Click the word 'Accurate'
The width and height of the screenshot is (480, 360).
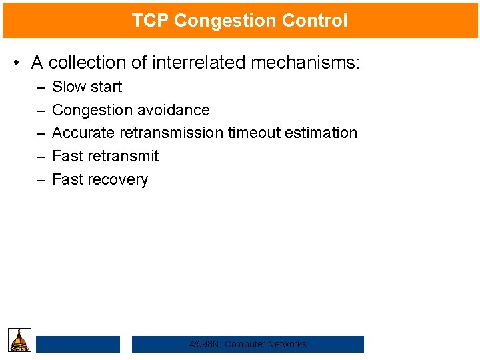coord(83,133)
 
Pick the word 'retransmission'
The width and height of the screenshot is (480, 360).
coord(171,133)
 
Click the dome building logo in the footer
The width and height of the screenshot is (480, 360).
coord(19,340)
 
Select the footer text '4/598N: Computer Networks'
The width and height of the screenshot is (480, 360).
coord(248,344)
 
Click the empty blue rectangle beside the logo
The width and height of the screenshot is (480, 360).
coord(78,344)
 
